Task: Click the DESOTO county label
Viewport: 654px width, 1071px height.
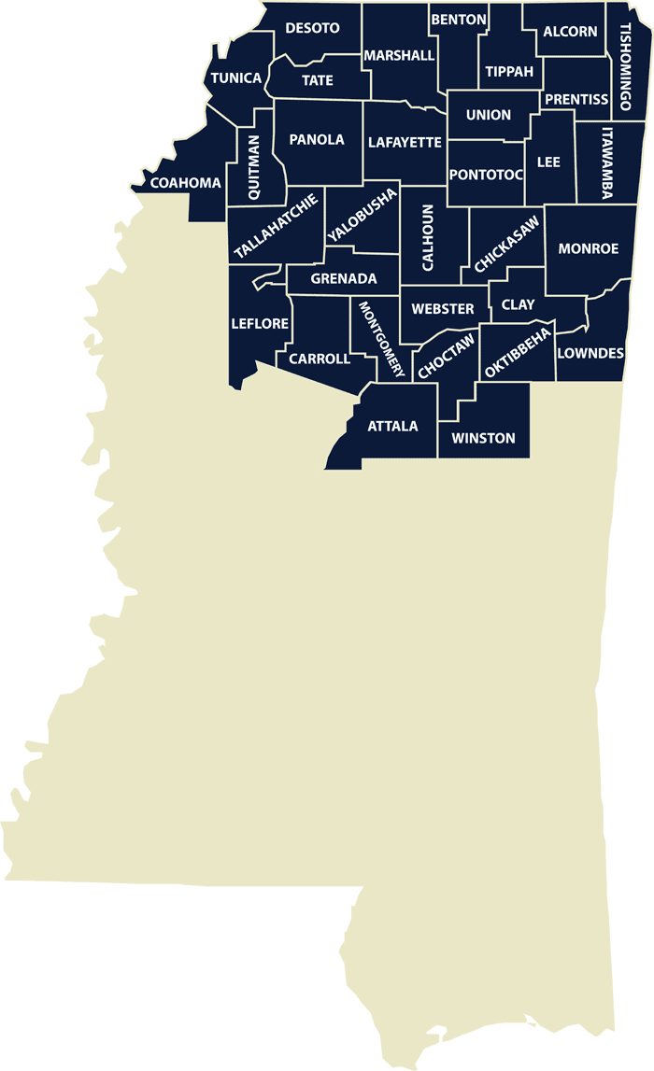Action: click(x=312, y=28)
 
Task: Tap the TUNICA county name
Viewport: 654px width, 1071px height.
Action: click(x=235, y=78)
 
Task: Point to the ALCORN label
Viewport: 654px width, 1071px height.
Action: click(x=570, y=32)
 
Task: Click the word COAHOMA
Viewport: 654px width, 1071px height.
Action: click(x=186, y=183)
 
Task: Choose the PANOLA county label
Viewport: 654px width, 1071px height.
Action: click(x=317, y=140)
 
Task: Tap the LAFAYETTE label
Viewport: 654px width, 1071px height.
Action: click(x=405, y=143)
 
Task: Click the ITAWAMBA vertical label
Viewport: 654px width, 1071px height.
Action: click(x=607, y=163)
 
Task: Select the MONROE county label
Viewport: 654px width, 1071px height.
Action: click(x=589, y=248)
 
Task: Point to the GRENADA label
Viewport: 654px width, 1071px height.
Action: click(x=344, y=278)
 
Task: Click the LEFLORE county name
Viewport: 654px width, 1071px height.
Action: click(x=260, y=324)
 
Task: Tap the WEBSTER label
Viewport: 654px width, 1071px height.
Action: click(x=443, y=308)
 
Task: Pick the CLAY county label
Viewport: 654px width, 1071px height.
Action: click(x=518, y=304)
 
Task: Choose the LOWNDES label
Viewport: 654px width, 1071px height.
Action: click(x=590, y=353)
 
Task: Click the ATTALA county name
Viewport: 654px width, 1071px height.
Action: click(x=392, y=426)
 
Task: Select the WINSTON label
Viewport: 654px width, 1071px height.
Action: click(x=483, y=438)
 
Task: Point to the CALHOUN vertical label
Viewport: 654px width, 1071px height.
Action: click(x=428, y=238)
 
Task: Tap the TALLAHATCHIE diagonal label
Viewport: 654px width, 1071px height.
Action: click(x=277, y=227)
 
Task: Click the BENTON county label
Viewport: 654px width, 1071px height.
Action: click(x=459, y=20)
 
